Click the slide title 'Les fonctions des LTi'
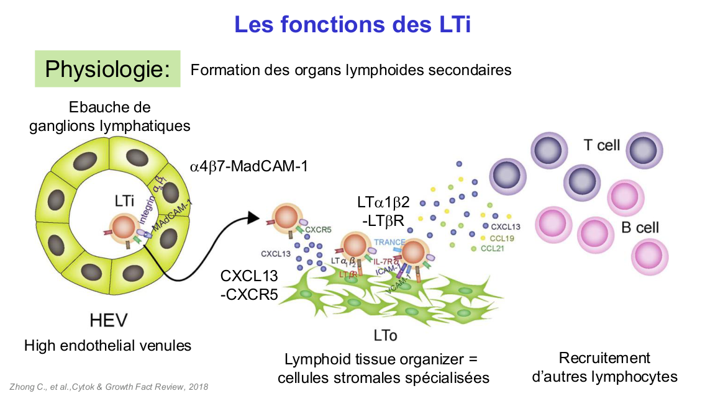[352, 24]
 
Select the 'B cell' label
[640, 227]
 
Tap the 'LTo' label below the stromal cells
[385, 336]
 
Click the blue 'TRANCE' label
[390, 243]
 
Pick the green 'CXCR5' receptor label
[318, 229]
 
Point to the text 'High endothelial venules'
[107, 345]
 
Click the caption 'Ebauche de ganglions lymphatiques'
[109, 117]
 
